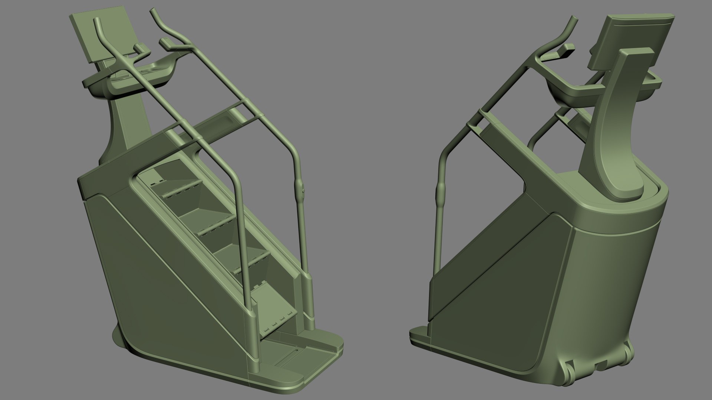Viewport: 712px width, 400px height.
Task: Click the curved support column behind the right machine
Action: [617, 122]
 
